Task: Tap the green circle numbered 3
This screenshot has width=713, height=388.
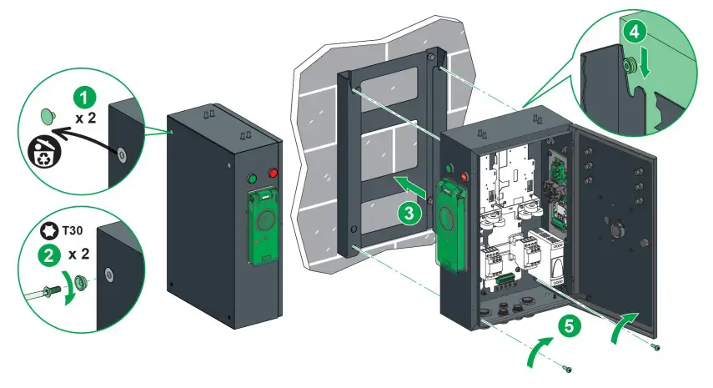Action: click(x=408, y=213)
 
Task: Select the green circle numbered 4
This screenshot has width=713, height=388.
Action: click(x=635, y=33)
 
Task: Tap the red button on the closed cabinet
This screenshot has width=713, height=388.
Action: click(x=273, y=174)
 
